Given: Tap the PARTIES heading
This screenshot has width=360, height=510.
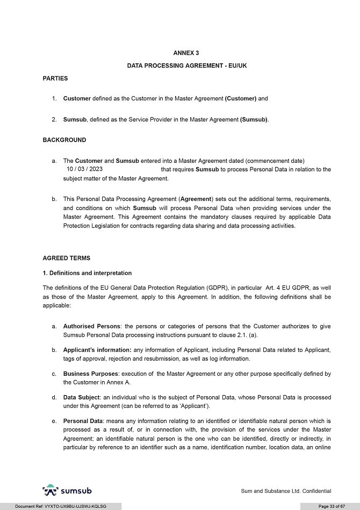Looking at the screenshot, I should click(x=55, y=78).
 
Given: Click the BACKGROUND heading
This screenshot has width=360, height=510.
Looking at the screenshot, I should click(x=64, y=140).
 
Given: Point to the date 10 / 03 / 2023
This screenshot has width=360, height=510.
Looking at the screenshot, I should click(x=85, y=169).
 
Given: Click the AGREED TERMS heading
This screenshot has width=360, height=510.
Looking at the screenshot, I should click(x=67, y=258).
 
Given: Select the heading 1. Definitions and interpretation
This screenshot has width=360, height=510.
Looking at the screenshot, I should click(x=87, y=273).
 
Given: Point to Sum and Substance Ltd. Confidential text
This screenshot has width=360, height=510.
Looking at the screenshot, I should click(x=286, y=491).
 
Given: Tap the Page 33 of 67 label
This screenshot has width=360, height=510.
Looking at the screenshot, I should click(x=331, y=506).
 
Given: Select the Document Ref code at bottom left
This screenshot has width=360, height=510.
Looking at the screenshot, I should click(x=61, y=506).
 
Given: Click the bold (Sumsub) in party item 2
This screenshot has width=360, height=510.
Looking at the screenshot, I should click(x=254, y=119).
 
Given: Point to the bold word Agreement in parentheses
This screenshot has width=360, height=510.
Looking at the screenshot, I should click(x=197, y=199).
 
